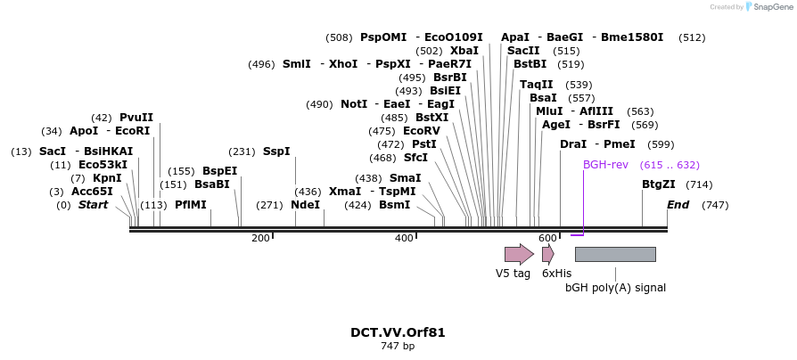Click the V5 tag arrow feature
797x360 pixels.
click(x=519, y=254)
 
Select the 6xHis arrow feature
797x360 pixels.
click(x=547, y=254)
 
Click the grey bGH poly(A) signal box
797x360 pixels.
click(x=615, y=254)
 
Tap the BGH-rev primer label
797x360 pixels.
click(x=606, y=165)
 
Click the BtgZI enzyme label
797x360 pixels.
click(x=659, y=184)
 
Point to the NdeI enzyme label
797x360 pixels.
click(x=305, y=204)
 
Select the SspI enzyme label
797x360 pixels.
click(x=276, y=151)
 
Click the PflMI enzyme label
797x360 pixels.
click(x=191, y=204)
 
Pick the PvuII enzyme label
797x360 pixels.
click(x=136, y=118)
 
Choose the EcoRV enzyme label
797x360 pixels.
click(x=422, y=131)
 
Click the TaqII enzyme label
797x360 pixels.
click(x=537, y=85)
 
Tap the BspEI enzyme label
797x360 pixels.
click(x=220, y=171)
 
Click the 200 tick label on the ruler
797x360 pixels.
click(x=260, y=238)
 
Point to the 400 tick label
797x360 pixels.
click(x=404, y=238)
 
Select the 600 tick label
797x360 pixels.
click(x=547, y=238)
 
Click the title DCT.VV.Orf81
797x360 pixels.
click(x=398, y=332)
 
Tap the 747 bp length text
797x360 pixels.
click(x=398, y=346)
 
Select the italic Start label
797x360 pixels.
click(x=94, y=204)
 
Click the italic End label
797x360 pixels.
click(x=678, y=204)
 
